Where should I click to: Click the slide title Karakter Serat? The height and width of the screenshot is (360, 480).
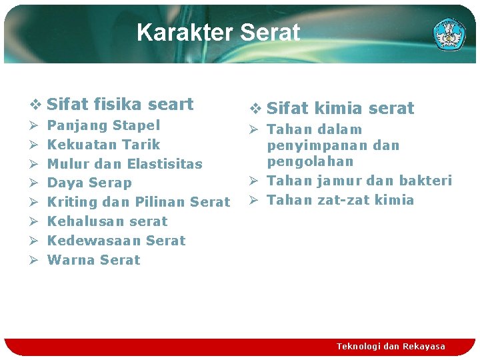pos(218,32)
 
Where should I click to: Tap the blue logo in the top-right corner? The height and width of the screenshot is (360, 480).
pos(449,34)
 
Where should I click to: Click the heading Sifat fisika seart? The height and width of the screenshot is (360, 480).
pos(120,104)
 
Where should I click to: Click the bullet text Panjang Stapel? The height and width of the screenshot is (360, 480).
pos(104,125)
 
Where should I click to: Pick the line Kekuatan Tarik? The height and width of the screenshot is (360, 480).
pos(104,145)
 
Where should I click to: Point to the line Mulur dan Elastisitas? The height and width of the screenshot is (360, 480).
pos(125,164)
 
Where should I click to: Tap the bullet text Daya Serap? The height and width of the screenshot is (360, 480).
pos(90,183)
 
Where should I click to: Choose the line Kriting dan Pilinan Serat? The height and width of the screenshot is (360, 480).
pos(139,202)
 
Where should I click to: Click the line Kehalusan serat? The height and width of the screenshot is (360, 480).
pos(107,221)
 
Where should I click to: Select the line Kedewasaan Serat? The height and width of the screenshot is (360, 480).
pos(117,241)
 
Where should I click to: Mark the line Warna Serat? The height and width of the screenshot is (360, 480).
pos(94,260)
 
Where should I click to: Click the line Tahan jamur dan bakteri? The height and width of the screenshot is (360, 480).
pos(359,181)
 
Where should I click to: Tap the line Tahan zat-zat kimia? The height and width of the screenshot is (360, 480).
pos(340,200)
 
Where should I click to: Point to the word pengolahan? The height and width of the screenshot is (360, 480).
pos(310,161)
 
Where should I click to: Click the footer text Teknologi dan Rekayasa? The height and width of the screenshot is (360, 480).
pos(391,347)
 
